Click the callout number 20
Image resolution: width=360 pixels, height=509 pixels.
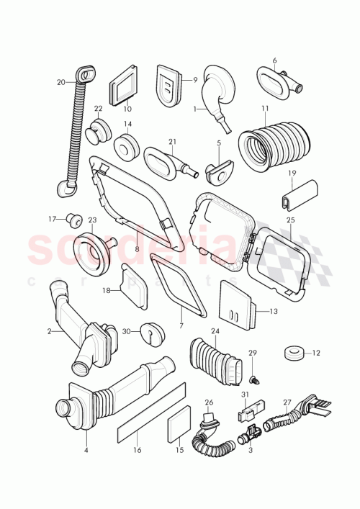pos(60,82)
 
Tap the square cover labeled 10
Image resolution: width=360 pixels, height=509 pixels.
pos(123,90)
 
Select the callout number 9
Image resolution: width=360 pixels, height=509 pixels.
pos(194,81)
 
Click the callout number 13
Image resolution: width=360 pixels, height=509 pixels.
pos(273,311)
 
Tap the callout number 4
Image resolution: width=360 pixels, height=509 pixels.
pos(85,450)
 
